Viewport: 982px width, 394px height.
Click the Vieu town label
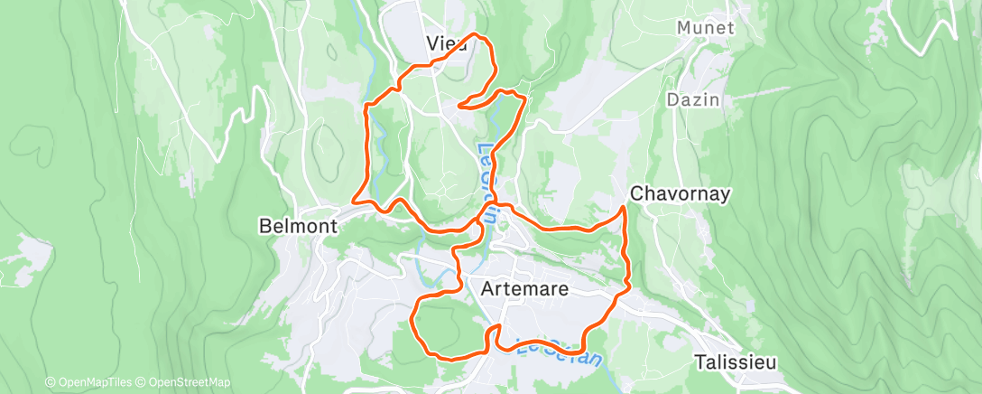pos(447,43)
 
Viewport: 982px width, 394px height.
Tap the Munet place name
pos(706,28)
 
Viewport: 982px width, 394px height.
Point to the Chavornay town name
pos(680,193)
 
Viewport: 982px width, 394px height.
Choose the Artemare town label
pos(524,289)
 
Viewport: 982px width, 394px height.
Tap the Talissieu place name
pos(736,361)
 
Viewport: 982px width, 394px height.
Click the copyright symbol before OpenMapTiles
pos(51,382)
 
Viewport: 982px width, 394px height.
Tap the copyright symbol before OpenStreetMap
pos(144,382)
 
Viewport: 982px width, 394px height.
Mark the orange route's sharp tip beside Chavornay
pos(625,209)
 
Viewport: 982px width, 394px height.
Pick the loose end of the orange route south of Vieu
pos(459,106)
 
